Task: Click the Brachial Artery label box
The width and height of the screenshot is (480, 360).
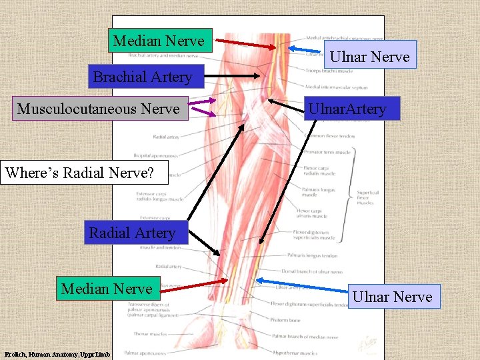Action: point(143,77)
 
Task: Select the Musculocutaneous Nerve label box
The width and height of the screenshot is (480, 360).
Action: point(98,109)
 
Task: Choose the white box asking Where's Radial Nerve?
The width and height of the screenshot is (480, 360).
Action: point(79,173)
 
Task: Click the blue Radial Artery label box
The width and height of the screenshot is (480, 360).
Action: point(132,233)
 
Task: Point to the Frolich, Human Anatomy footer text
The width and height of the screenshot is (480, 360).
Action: point(57,354)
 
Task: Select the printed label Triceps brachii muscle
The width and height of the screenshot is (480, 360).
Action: point(329,71)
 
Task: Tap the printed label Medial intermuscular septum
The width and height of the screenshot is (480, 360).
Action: point(336,87)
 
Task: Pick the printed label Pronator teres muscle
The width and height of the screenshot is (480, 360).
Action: point(327,152)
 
